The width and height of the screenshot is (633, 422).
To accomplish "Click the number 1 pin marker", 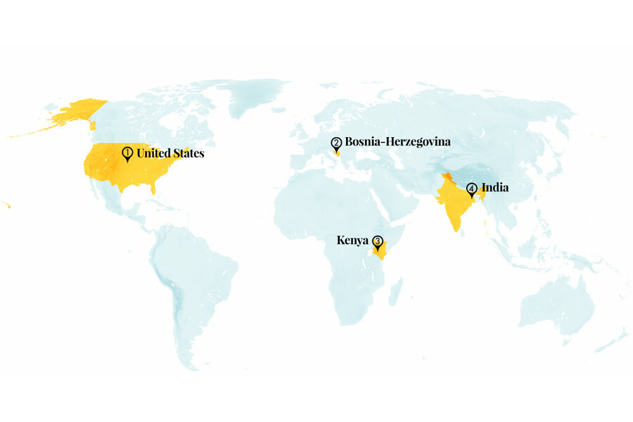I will click(x=127, y=153).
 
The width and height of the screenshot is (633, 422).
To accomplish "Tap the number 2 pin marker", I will click(x=336, y=144).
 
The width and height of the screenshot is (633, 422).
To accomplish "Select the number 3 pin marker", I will click(x=378, y=242).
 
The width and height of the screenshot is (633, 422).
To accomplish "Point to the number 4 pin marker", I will click(x=471, y=189).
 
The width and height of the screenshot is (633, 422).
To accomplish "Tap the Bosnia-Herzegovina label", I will click(x=397, y=141).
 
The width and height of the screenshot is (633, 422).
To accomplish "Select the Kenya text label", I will click(x=352, y=240).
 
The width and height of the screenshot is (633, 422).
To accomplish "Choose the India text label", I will click(x=494, y=188).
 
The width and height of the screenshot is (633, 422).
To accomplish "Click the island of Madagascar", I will click(x=395, y=290).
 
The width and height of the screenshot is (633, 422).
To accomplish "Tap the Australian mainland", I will click(x=556, y=299).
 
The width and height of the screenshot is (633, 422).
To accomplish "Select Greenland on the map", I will click(x=257, y=98).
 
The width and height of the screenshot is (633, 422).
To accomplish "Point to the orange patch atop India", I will click(x=446, y=177).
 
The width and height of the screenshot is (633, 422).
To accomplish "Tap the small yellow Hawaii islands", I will click(x=6, y=205).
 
